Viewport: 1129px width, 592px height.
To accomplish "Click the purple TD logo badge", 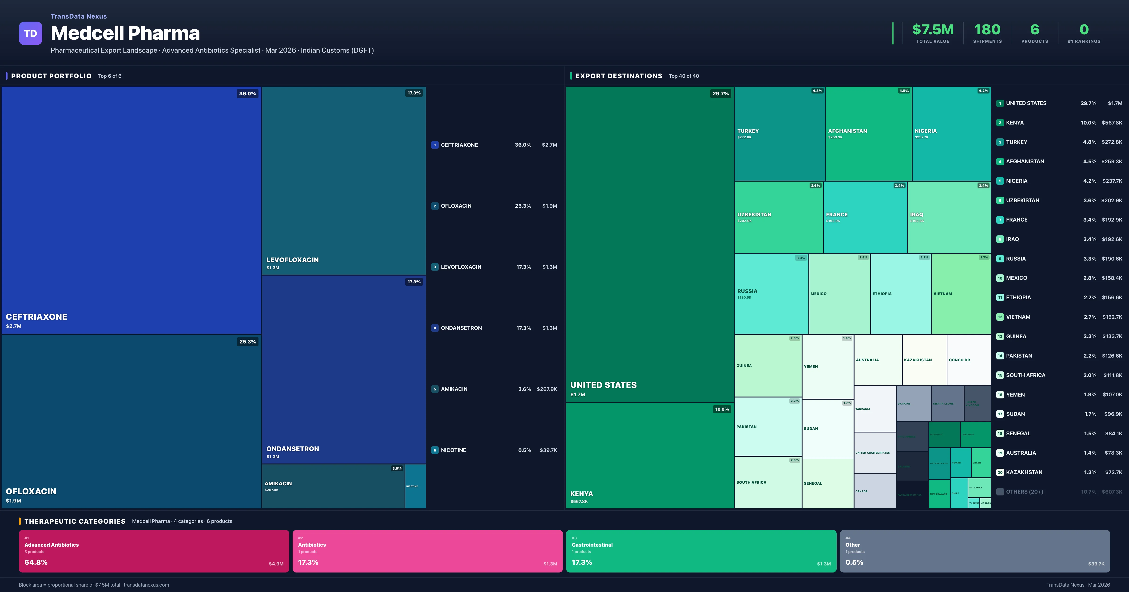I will (x=30, y=33).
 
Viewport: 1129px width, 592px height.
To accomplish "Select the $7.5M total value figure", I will (x=933, y=30).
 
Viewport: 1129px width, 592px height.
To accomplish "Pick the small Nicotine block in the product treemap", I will (x=415, y=486).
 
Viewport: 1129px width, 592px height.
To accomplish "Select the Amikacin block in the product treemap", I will (x=333, y=486).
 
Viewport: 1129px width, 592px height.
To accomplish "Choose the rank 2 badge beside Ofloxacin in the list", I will (x=435, y=206).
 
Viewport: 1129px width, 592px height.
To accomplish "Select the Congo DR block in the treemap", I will (x=969, y=360).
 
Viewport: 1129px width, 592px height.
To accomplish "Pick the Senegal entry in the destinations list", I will (x=1018, y=433).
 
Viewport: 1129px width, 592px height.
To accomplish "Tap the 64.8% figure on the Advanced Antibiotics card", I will (x=36, y=562).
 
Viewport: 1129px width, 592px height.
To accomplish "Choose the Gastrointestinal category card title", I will (x=592, y=545).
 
